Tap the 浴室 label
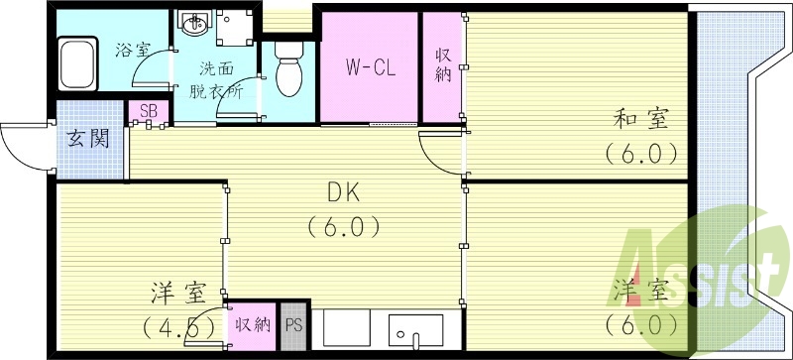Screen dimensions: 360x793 134,49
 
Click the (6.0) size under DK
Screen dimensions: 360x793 342,227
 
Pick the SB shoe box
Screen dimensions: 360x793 147,111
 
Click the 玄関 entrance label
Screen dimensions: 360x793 88,138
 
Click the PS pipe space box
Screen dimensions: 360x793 293,323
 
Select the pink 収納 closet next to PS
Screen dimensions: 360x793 252,323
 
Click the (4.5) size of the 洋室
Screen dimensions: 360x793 178,325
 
